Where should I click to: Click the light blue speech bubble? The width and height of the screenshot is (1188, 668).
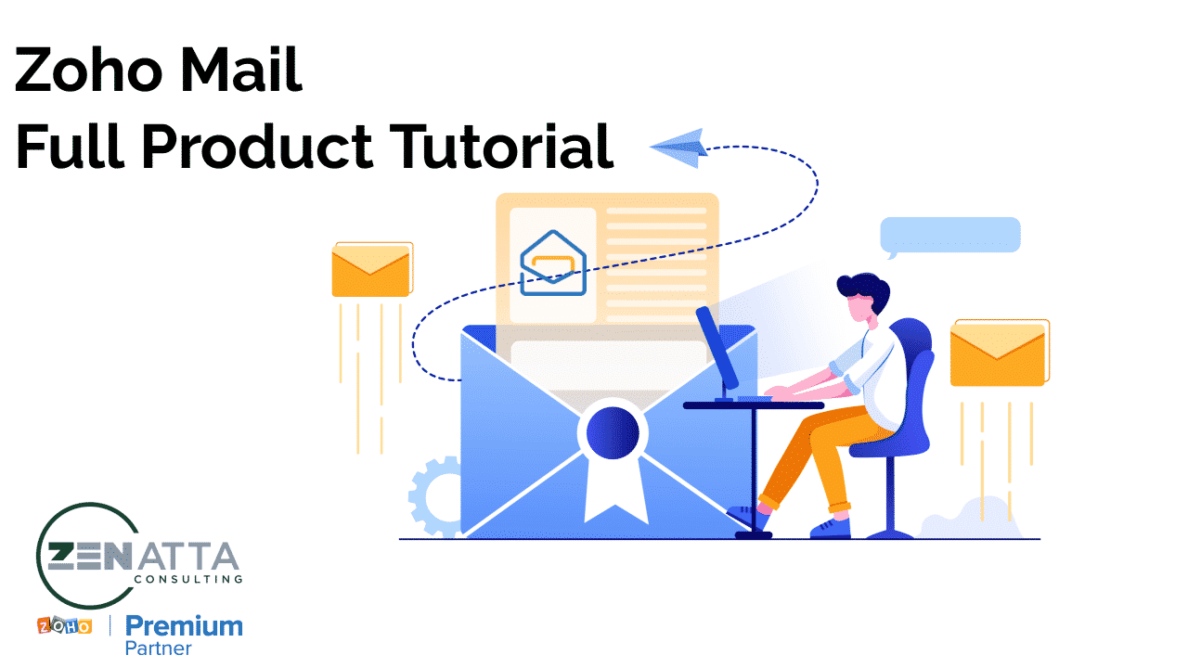pyautogui.click(x=949, y=236)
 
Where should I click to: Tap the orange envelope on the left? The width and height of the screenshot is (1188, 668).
pyautogui.click(x=371, y=270)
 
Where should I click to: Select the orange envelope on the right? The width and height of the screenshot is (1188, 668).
pyautogui.click(x=999, y=353)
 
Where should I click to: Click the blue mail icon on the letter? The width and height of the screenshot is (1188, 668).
pyautogui.click(x=553, y=263)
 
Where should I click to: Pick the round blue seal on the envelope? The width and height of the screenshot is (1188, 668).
pyautogui.click(x=612, y=432)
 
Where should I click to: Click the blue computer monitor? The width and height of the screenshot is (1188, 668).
pyautogui.click(x=717, y=348)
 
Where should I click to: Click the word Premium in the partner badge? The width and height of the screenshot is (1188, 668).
pyautogui.click(x=184, y=626)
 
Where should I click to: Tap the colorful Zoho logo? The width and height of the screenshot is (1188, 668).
pyautogui.click(x=64, y=626)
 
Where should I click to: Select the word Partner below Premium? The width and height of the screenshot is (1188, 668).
pyautogui.click(x=158, y=649)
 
